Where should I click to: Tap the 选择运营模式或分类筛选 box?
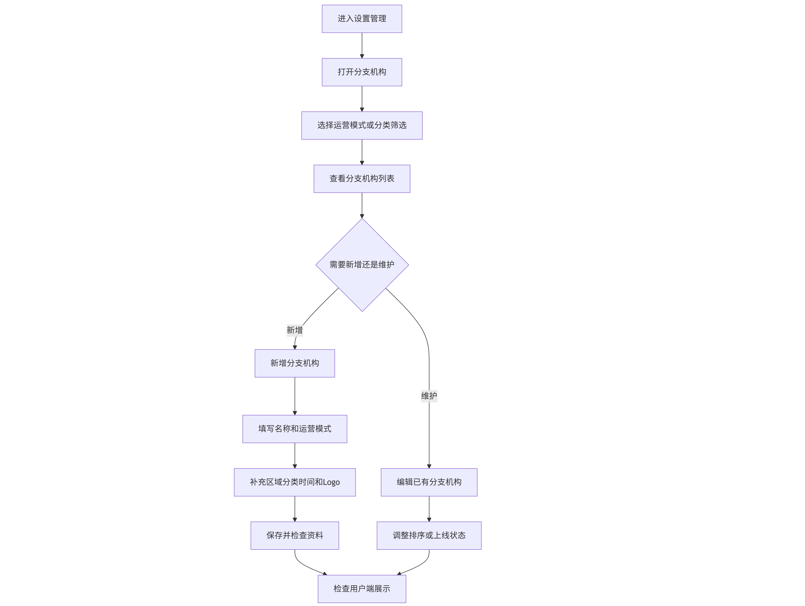click(x=362, y=125)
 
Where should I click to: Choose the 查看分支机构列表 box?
click(x=362, y=179)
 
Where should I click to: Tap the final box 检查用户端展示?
click(x=362, y=589)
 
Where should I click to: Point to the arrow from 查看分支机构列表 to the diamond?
click(x=362, y=206)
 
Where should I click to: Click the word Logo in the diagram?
click(x=331, y=482)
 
